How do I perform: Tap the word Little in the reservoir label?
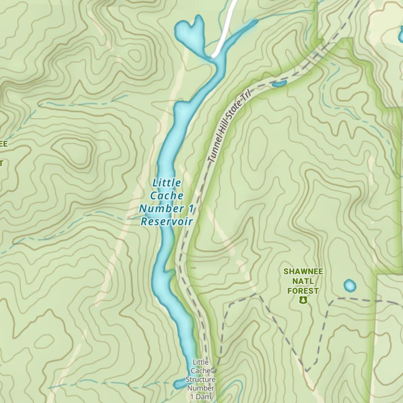coord(166,183)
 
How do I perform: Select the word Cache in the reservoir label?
coord(166,196)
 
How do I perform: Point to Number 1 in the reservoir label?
coord(166,209)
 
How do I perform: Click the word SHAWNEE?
coord(303,272)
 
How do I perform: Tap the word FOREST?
coord(303,291)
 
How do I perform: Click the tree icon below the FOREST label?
coord(303,300)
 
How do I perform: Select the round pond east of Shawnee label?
coord(350,286)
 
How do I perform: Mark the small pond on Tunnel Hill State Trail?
coord(279,84)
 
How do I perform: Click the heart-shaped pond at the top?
coord(189,34)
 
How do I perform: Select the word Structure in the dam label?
coord(200,380)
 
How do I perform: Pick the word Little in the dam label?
coord(200,362)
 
